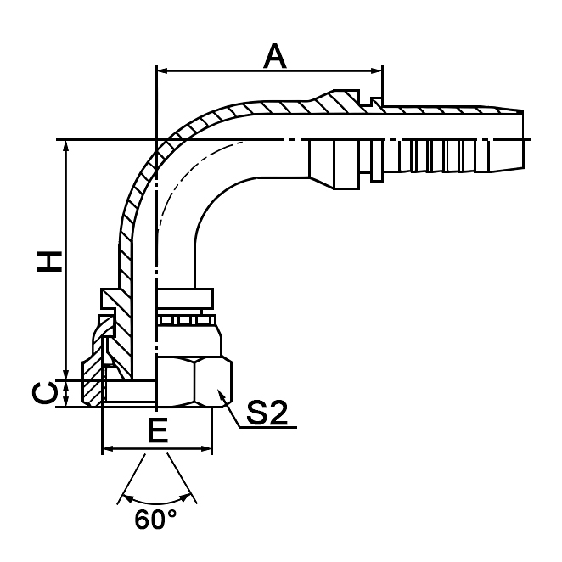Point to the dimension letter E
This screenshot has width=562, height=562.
156,431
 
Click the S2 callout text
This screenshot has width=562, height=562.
267,413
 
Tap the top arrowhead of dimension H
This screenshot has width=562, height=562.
66,147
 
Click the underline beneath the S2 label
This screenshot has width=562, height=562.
267,427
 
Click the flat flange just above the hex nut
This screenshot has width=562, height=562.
183,297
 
